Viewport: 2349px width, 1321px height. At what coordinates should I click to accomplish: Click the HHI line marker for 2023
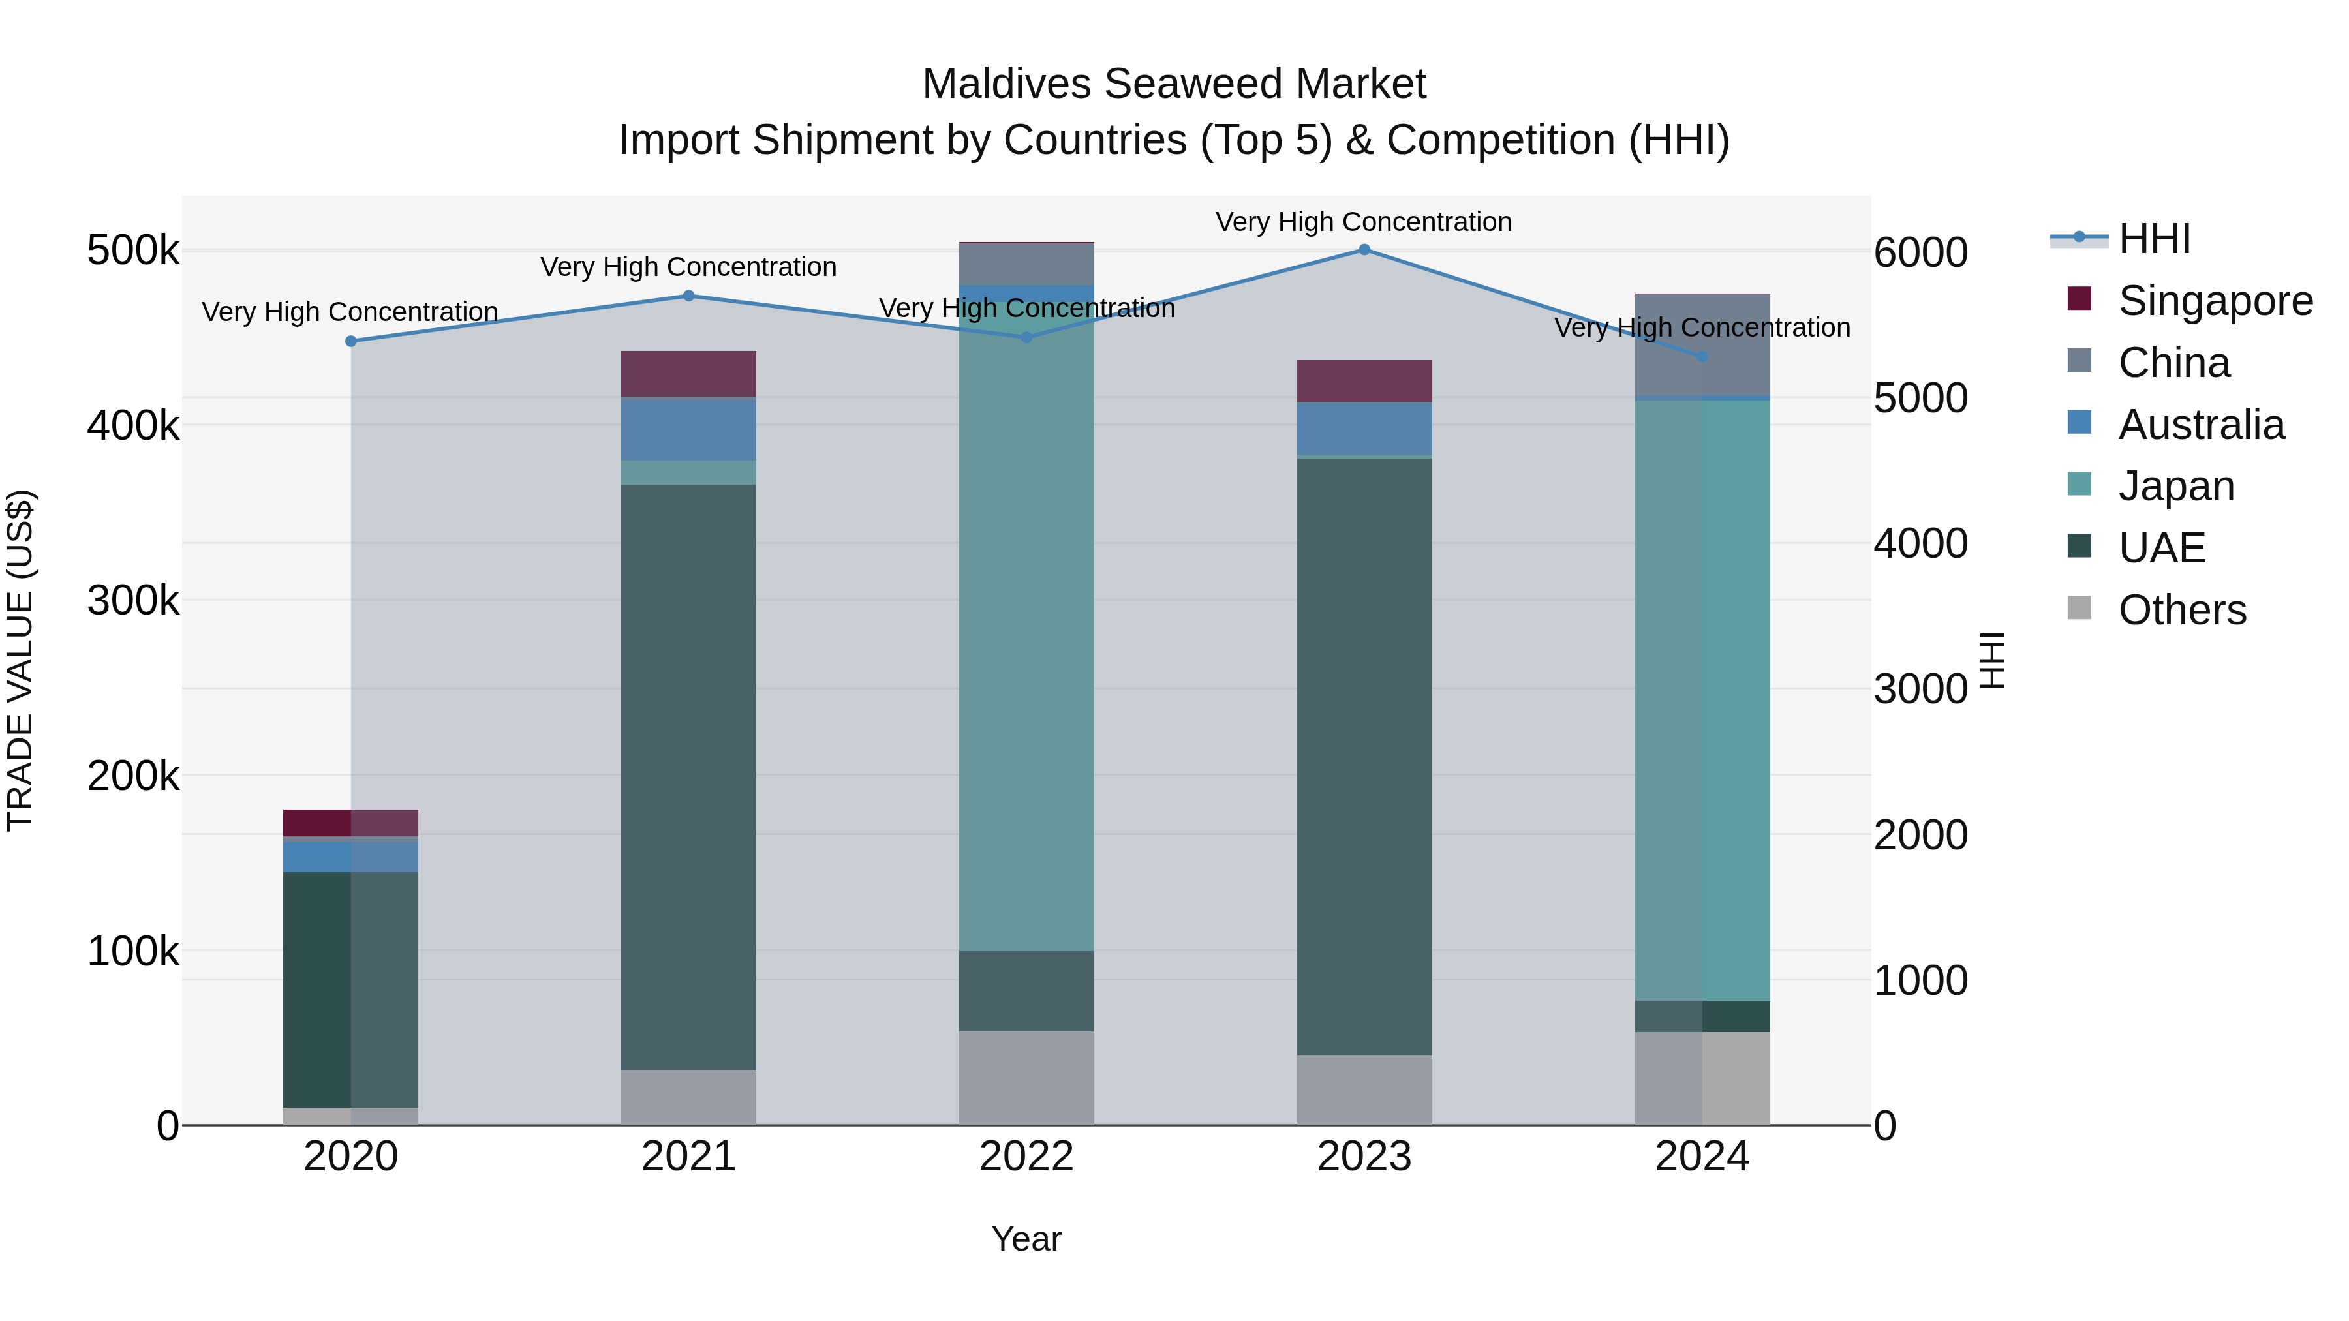tap(1364, 249)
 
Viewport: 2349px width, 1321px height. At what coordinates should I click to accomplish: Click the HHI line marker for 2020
tap(351, 341)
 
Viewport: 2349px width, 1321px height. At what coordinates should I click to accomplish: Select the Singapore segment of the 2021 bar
tap(688, 374)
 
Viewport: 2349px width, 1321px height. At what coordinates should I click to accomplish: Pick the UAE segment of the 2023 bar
tap(1364, 757)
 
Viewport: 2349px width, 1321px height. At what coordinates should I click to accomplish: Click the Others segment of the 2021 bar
tap(688, 1098)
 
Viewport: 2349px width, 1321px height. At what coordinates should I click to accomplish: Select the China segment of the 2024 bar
tap(1702, 346)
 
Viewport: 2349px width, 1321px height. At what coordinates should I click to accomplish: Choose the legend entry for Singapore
tap(2215, 301)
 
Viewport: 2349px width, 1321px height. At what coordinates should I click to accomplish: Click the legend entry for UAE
tap(2161, 548)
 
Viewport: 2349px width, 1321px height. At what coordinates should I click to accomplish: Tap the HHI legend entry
tap(2154, 239)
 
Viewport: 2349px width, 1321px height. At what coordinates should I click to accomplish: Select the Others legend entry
tap(2181, 610)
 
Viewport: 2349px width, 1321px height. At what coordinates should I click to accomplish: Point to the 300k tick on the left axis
tap(133, 601)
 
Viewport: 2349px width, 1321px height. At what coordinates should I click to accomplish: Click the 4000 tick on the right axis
tap(1920, 543)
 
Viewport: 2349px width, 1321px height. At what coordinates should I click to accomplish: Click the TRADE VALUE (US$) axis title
tap(20, 660)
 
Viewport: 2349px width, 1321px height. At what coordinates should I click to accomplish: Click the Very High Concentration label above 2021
tap(688, 267)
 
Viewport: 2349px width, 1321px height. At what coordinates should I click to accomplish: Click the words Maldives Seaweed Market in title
tap(1174, 84)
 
